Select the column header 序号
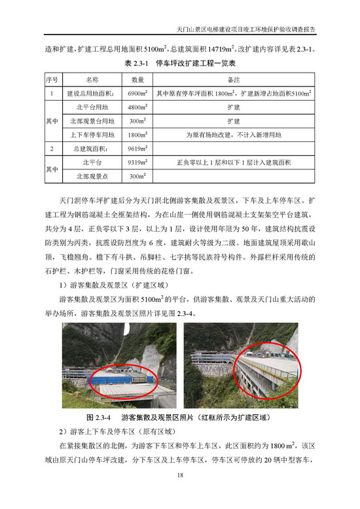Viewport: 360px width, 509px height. pyautogui.click(x=51, y=80)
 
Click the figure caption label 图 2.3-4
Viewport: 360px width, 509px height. pyautogui.click(x=99, y=417)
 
